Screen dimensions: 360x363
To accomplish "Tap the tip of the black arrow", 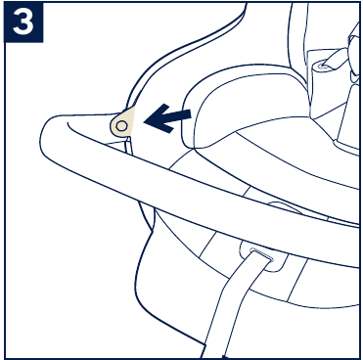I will click(147, 122).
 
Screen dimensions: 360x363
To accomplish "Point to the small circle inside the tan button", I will click(121, 125).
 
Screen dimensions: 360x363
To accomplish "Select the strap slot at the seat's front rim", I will click(257, 258).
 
